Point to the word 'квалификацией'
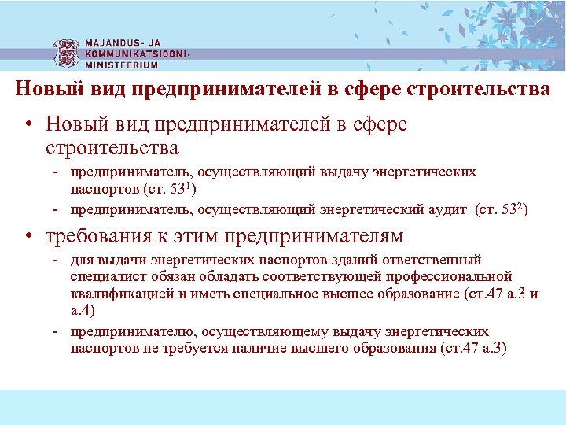click(x=115, y=294)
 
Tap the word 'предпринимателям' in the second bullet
click(x=314, y=235)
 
